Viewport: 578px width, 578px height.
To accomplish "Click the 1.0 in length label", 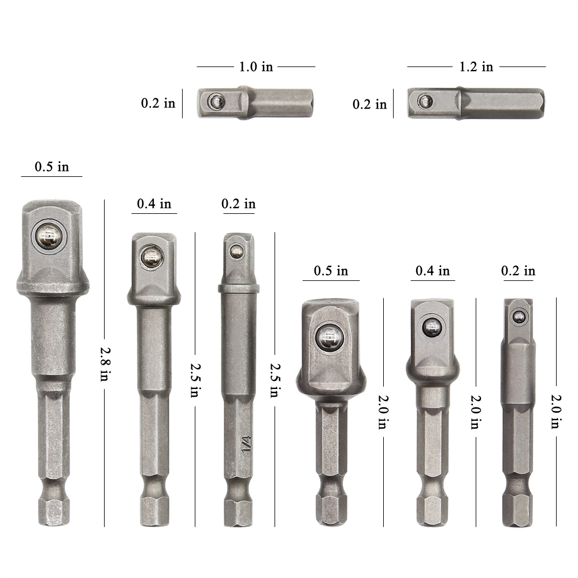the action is point(256,66).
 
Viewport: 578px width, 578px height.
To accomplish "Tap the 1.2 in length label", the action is point(476,66).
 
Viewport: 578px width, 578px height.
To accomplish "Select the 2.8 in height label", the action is point(105,364).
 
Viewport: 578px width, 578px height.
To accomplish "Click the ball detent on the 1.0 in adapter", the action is point(216,100).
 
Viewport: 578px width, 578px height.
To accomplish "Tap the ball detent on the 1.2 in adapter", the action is point(426,100).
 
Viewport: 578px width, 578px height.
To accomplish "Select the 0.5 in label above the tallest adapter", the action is point(51,166).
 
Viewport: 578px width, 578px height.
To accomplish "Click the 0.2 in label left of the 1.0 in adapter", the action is point(158,103).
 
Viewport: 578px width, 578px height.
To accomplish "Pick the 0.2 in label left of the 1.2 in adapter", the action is point(370,104).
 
